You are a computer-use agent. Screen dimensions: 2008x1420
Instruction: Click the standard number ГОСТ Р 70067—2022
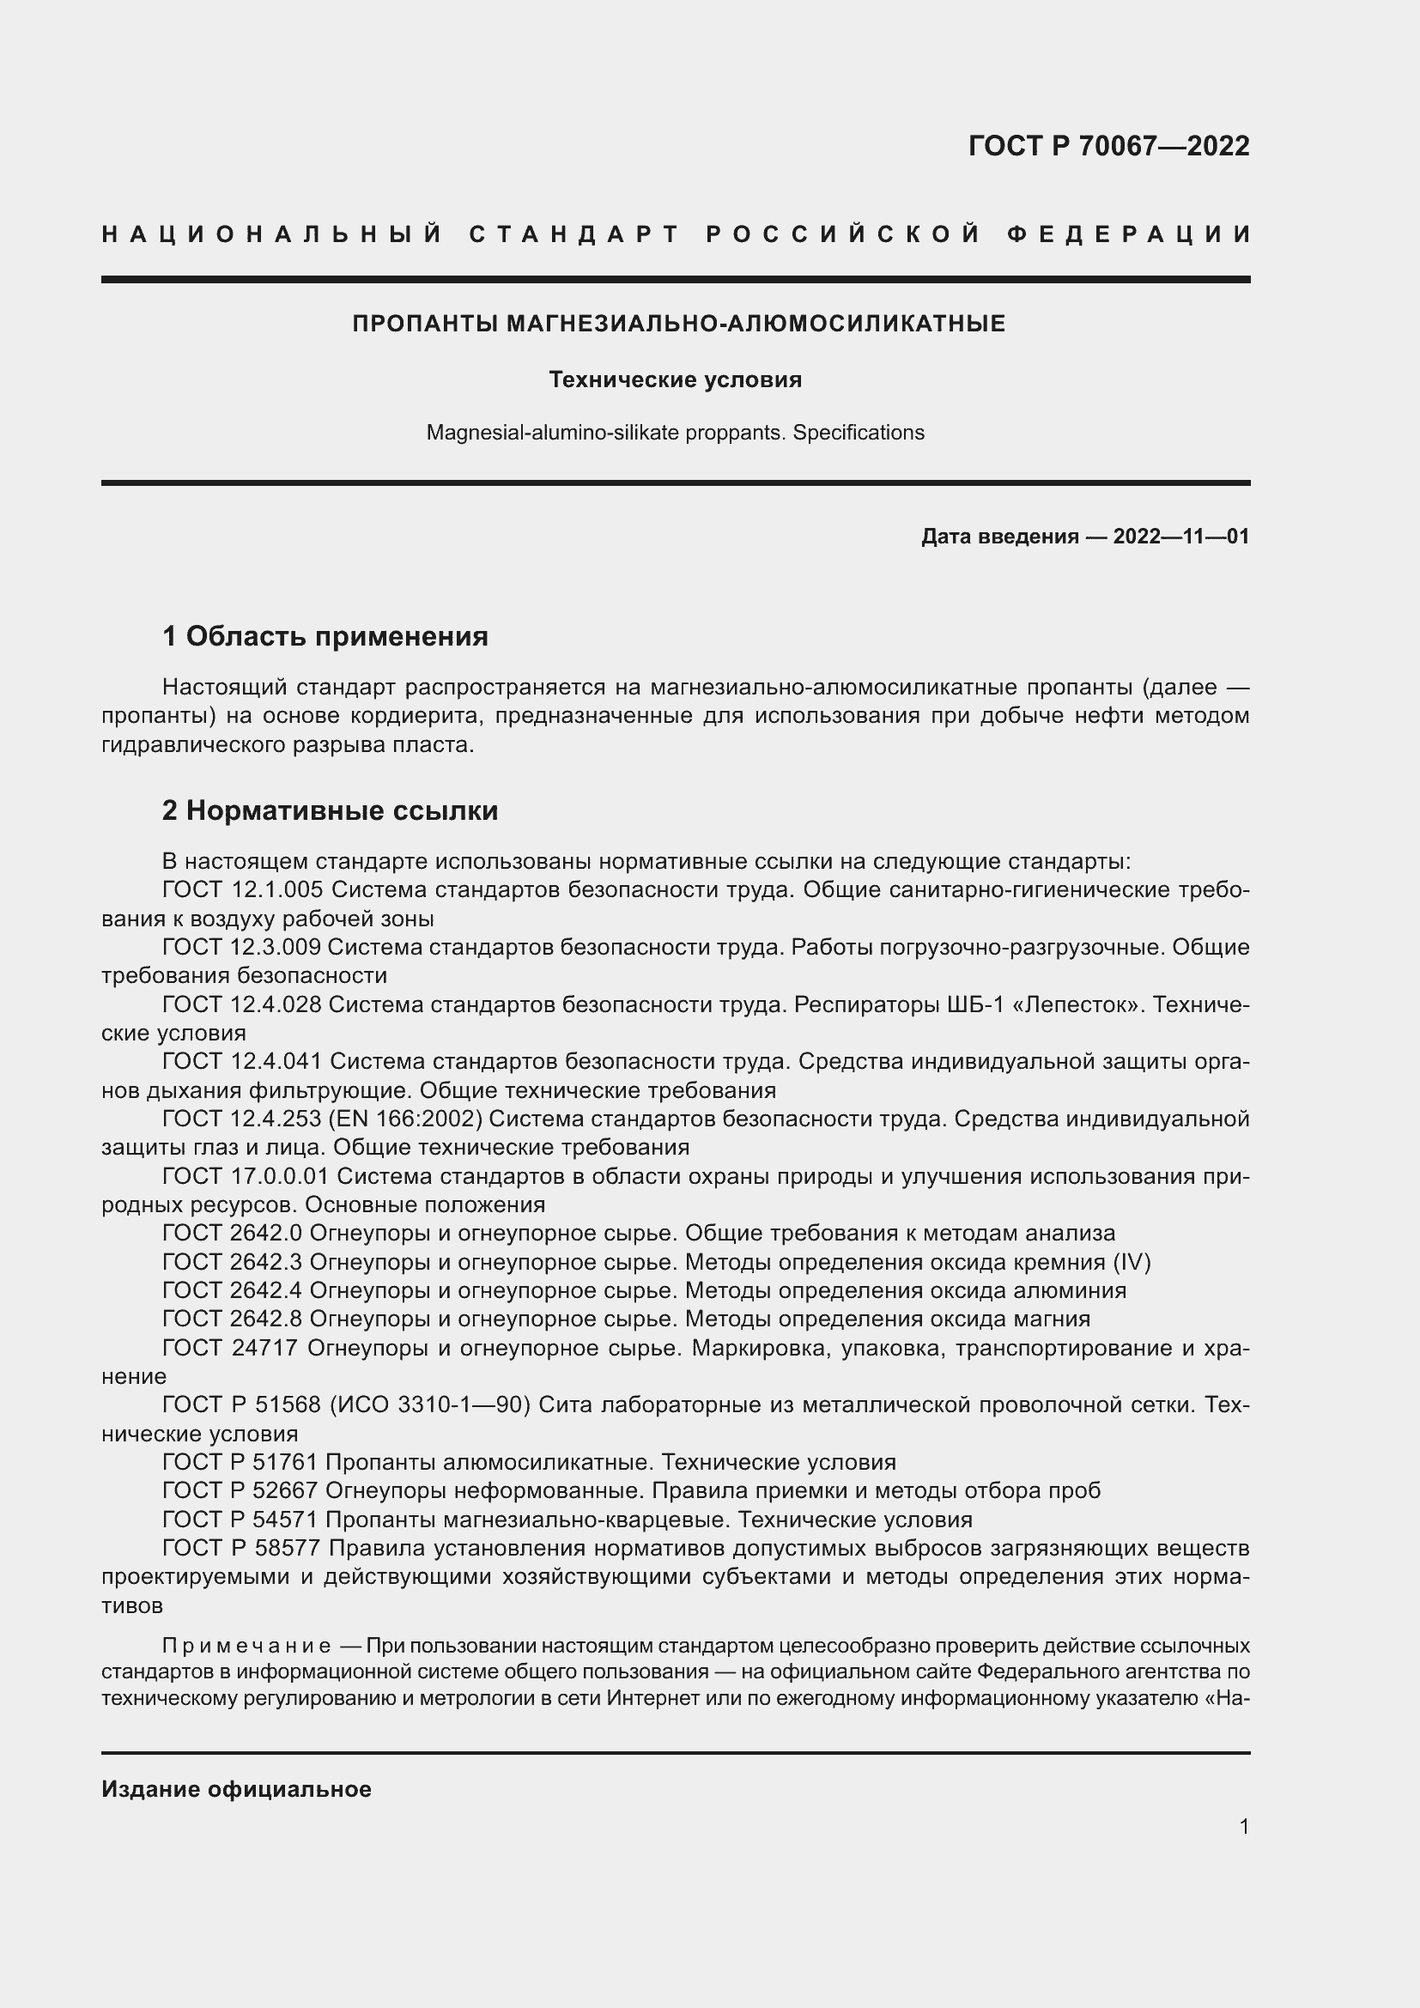pos(1107,146)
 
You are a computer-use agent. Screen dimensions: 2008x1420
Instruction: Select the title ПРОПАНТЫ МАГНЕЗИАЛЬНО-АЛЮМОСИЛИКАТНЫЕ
pos(678,325)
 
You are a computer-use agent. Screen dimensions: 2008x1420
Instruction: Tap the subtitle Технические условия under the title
pos(675,379)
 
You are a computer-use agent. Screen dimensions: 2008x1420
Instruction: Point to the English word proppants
pos(735,433)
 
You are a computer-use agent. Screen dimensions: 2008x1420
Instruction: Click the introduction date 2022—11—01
pos(1180,536)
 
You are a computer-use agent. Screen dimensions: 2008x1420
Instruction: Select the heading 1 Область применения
pos(325,636)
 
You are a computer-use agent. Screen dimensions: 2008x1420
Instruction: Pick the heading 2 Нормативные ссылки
pos(330,810)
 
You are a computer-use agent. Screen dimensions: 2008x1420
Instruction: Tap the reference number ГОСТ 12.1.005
pos(243,890)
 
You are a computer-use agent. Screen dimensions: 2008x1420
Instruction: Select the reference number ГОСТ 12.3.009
pos(242,947)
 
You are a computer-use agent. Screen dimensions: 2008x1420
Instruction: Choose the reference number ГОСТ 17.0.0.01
pos(246,1176)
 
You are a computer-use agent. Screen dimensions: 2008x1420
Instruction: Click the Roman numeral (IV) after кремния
pos(1132,1262)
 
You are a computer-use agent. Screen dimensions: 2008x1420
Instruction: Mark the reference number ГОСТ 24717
pos(230,1348)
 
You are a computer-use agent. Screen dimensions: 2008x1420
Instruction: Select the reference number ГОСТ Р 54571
pos(240,1520)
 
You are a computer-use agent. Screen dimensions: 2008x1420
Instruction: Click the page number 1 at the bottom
pos(1244,1826)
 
